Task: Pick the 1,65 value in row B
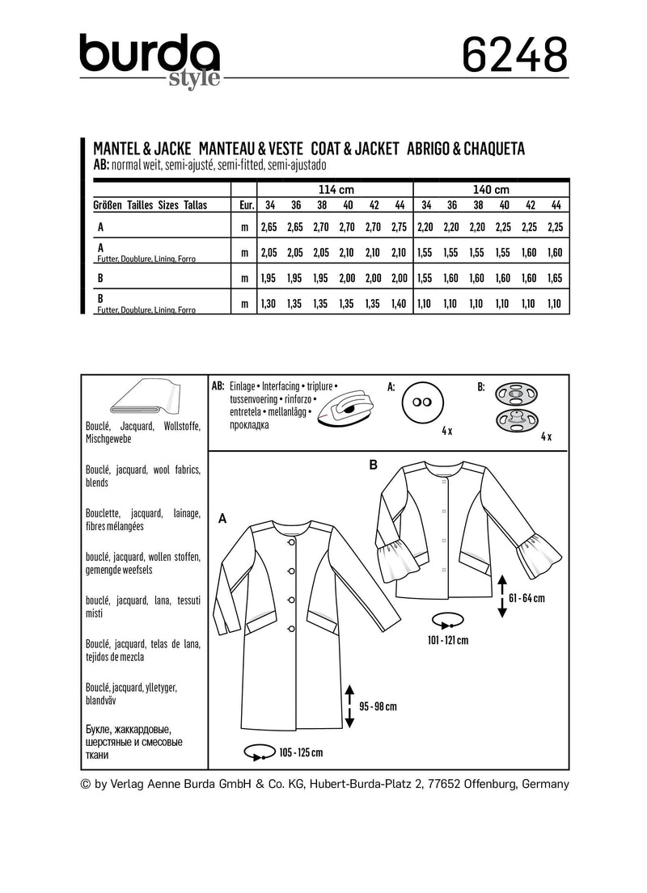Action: coord(555,277)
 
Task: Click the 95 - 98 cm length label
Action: coord(378,706)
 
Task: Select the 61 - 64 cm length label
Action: coord(528,599)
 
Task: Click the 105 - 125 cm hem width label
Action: coord(301,752)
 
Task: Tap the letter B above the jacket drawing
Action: coord(373,465)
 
